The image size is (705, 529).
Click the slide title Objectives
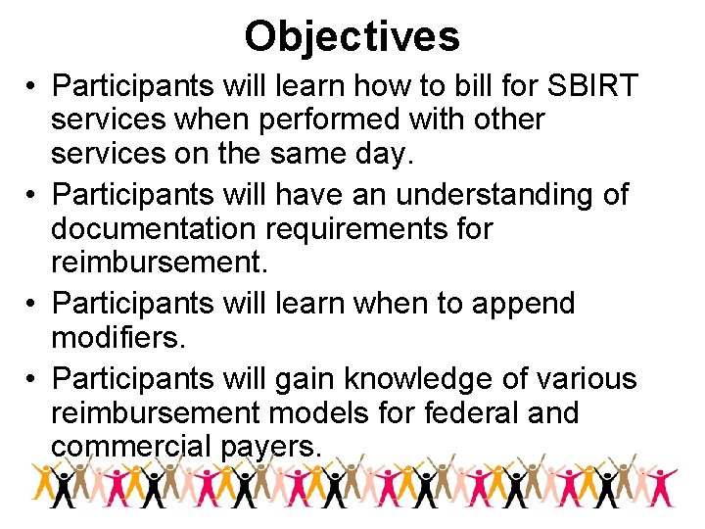(352, 36)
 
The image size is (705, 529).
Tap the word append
(523, 304)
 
